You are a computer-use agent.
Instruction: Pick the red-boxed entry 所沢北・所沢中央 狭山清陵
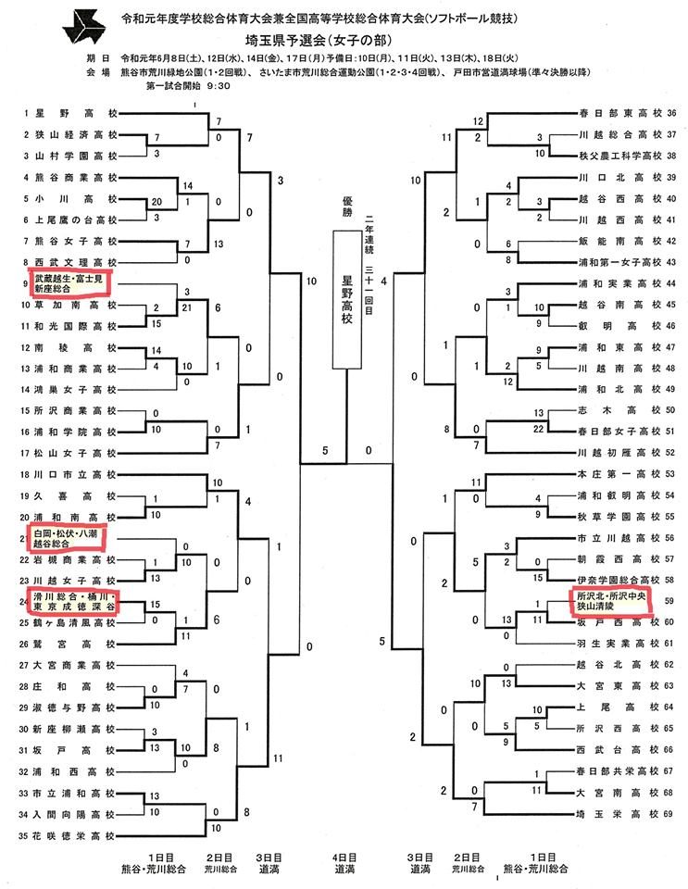[610, 600]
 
